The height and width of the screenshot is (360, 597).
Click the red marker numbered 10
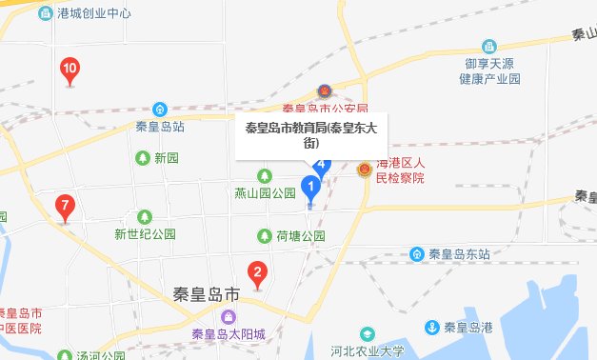70,70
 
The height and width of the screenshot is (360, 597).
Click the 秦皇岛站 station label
160,127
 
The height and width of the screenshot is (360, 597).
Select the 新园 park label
167,157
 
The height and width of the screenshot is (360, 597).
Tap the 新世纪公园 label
146,233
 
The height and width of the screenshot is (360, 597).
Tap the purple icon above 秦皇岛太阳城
229,316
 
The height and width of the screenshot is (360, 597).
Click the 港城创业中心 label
94,14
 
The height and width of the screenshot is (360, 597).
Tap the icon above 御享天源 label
488,47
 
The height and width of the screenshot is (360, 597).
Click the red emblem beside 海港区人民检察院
363,170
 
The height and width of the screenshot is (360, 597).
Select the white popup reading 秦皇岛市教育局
309,136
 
